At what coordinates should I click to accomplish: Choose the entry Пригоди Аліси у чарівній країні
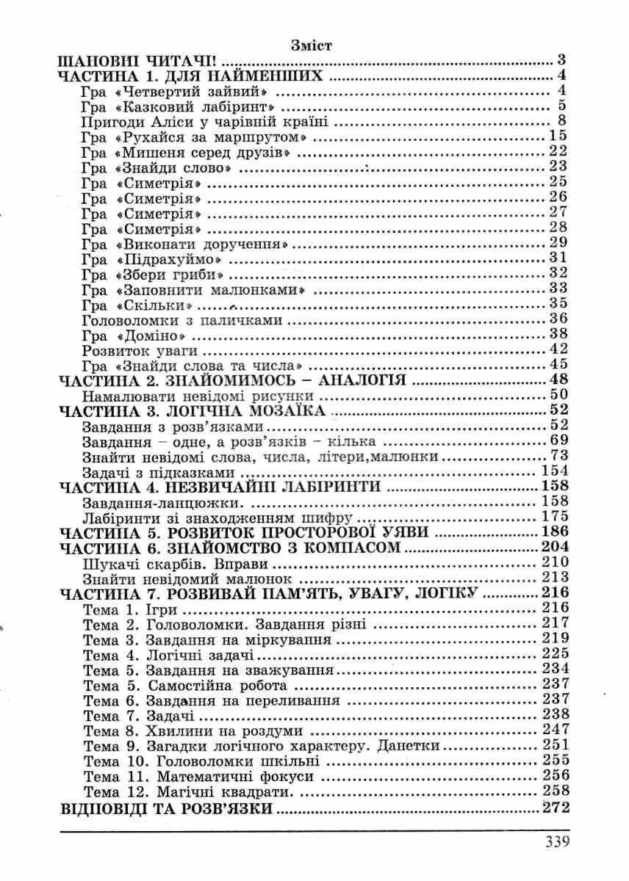pyautogui.click(x=205, y=121)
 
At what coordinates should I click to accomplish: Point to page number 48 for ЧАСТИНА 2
pyautogui.click(x=560, y=380)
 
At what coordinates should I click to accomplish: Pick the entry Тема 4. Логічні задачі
pyautogui.click(x=159, y=654)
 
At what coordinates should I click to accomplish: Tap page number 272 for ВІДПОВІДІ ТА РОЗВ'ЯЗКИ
pyautogui.click(x=555, y=809)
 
